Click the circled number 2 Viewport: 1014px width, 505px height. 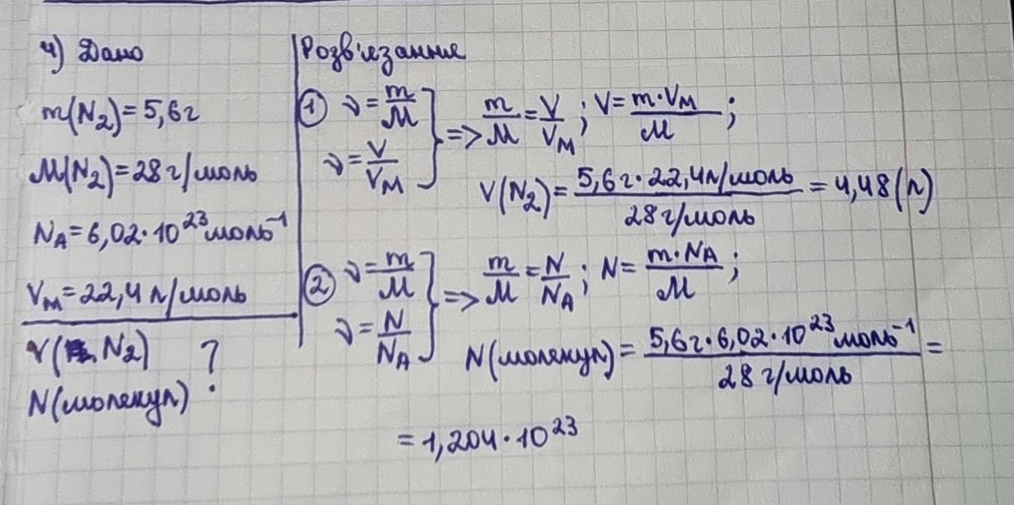(x=320, y=288)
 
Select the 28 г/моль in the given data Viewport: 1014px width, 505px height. (x=194, y=174)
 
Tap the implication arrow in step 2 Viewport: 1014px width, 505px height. (x=461, y=299)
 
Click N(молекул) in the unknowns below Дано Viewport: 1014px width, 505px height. (x=108, y=402)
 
